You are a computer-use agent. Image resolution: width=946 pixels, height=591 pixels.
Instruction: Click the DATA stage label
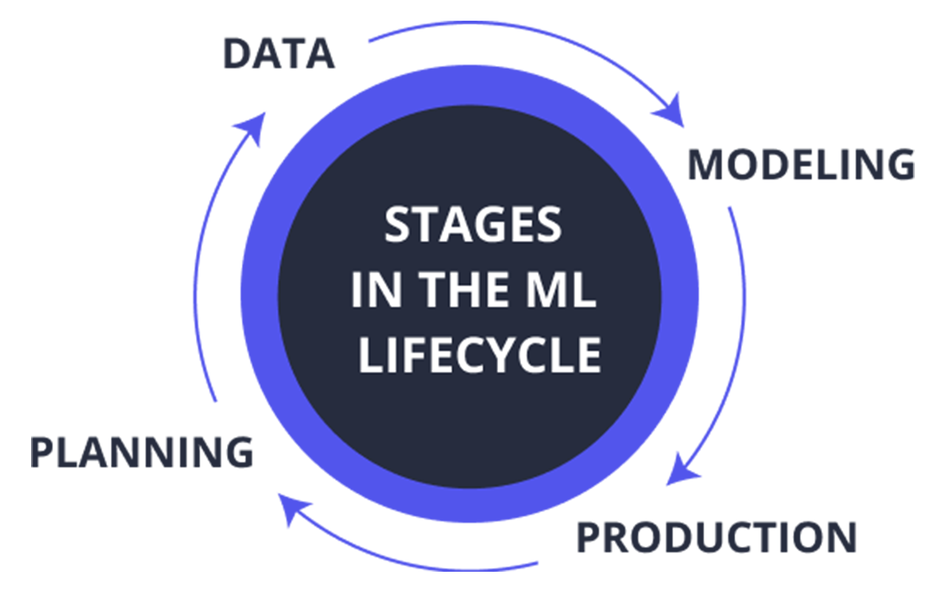pos(279,55)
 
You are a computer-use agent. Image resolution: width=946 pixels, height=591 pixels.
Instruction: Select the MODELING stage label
pos(801,165)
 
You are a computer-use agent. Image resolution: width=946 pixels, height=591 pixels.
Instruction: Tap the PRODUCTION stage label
pos(716,537)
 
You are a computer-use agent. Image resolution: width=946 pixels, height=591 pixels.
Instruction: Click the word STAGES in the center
pos(472,225)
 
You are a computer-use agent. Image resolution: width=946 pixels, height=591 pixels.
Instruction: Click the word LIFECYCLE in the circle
pos(480,355)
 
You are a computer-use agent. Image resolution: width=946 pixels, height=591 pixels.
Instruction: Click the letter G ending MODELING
pos(897,165)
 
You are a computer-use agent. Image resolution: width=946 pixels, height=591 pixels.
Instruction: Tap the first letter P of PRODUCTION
pos(589,537)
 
